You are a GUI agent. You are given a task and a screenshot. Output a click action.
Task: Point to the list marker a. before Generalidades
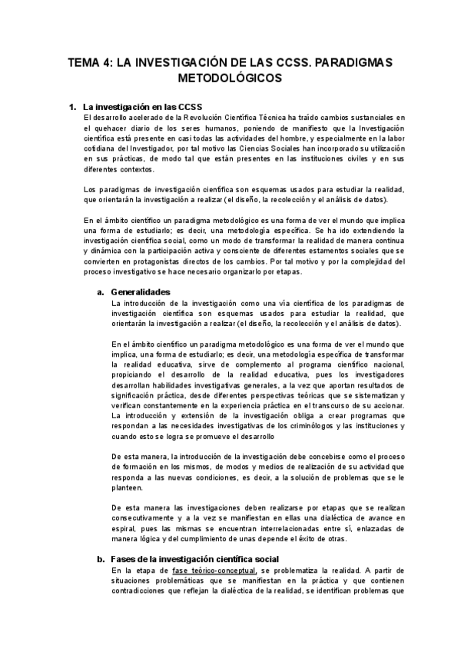pyautogui.click(x=101, y=292)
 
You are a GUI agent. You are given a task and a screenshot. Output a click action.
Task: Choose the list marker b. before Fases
pyautogui.click(x=101, y=559)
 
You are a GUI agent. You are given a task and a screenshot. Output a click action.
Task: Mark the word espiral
pyautogui.click(x=124, y=528)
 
